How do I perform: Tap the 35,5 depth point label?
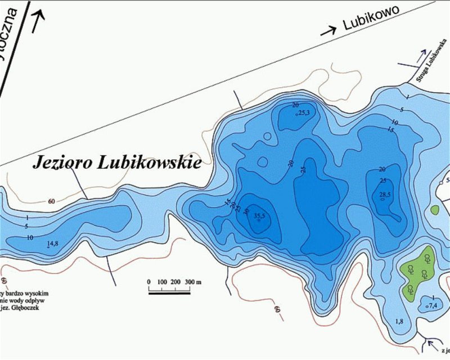(259, 215)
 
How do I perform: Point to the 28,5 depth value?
(385, 195)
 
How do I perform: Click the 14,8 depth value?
(53, 243)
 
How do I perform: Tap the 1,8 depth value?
(399, 321)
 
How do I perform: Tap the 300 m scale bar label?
(191, 281)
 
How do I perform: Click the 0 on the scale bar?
(148, 281)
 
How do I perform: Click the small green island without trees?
(434, 210)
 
